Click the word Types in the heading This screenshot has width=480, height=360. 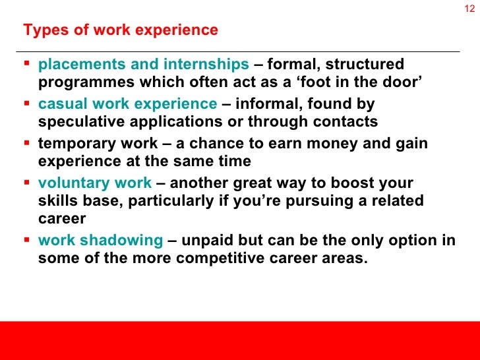[x=40, y=30]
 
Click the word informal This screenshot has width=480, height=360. [x=270, y=104]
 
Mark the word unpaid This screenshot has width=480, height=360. [x=206, y=240]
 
